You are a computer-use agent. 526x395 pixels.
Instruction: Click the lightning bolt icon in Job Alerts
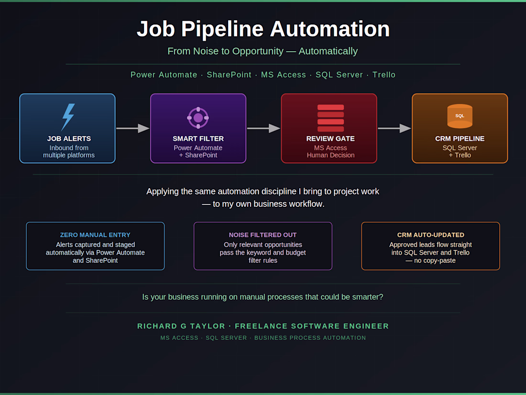click(x=68, y=117)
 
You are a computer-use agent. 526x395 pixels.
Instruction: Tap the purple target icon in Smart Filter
click(x=198, y=118)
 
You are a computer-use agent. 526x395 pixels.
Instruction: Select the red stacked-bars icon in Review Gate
click(x=330, y=118)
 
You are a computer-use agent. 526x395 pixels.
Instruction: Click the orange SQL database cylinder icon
click(x=460, y=116)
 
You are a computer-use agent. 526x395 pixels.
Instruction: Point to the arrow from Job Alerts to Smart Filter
click(x=133, y=128)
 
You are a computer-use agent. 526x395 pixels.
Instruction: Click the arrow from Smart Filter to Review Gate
click(x=263, y=128)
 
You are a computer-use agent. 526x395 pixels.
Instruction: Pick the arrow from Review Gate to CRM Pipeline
click(x=394, y=128)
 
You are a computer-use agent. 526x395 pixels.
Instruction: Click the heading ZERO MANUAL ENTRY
click(x=95, y=235)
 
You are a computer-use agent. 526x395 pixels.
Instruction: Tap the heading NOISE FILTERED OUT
click(x=263, y=235)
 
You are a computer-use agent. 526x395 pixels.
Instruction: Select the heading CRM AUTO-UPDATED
click(x=431, y=235)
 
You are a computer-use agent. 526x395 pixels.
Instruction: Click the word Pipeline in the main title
click(x=222, y=29)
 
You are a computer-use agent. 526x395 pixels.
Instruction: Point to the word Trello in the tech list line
click(x=384, y=75)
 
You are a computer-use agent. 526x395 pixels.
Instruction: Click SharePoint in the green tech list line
click(x=229, y=75)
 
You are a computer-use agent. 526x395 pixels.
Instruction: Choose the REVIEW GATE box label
click(x=330, y=139)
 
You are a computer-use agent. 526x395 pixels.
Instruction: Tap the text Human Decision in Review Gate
click(x=330, y=155)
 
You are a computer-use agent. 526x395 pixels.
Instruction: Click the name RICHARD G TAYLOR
click(x=181, y=326)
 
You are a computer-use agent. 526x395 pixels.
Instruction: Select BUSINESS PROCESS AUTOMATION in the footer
click(x=310, y=338)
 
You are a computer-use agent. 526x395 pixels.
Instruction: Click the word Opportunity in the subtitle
click(x=258, y=51)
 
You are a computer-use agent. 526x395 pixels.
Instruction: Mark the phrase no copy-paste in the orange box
click(x=435, y=260)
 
